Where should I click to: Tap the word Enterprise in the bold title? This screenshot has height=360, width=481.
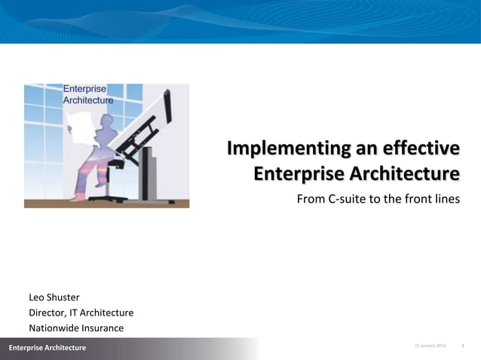click(x=296, y=174)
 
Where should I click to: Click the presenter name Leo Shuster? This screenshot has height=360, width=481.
click(x=54, y=297)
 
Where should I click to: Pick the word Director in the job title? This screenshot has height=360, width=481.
click(x=47, y=313)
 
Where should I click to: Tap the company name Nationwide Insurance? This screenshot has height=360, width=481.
click(x=75, y=328)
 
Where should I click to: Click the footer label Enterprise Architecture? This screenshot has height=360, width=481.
click(x=47, y=347)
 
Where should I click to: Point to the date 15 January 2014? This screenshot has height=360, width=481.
click(x=430, y=346)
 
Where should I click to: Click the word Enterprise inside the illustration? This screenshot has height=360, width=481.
click(x=89, y=89)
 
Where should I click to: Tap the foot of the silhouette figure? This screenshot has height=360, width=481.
click(x=75, y=198)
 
